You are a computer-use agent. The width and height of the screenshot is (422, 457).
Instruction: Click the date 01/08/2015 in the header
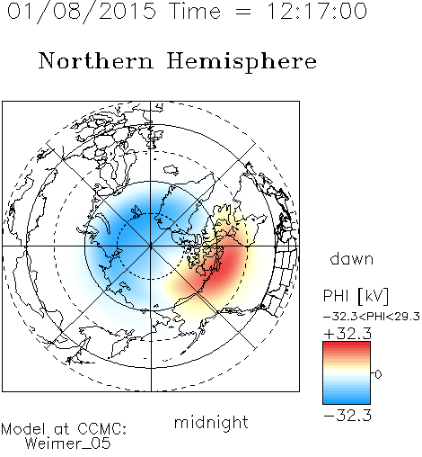(x=82, y=12)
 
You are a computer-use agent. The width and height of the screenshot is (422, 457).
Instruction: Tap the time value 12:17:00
(x=317, y=11)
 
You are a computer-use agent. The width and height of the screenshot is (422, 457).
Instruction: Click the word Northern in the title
(x=96, y=60)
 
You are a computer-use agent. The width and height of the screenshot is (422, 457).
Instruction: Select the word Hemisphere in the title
(x=242, y=61)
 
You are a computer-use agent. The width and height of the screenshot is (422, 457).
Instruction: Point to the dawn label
(x=352, y=258)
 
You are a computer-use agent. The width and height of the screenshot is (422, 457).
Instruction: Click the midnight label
(x=211, y=423)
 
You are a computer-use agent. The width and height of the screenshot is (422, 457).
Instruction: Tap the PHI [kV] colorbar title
(x=356, y=295)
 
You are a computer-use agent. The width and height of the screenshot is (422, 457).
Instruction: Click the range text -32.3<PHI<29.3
(x=372, y=317)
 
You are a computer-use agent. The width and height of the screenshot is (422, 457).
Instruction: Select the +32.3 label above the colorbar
(x=347, y=334)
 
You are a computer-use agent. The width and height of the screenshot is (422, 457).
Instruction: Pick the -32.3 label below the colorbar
(x=347, y=416)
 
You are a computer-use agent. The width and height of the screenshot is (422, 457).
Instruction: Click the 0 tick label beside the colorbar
(x=378, y=374)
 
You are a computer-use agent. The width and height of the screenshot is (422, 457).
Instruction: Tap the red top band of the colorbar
(x=347, y=345)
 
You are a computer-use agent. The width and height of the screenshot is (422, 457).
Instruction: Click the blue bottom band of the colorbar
(x=347, y=400)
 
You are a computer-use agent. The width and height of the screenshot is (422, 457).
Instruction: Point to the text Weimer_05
(x=68, y=443)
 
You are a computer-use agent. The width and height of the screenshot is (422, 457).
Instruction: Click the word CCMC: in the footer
(x=102, y=429)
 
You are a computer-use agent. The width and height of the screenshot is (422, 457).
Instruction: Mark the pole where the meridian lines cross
(x=151, y=246)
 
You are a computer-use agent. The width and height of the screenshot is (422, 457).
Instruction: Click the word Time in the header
(x=195, y=11)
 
